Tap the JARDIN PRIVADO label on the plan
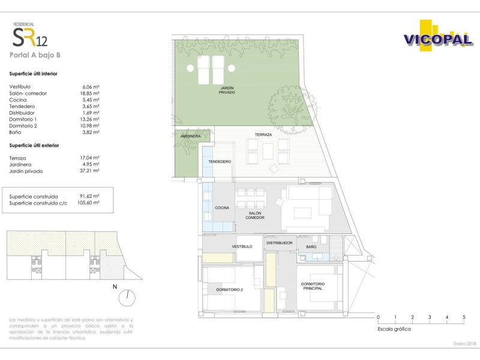(227, 90)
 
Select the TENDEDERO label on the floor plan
(220, 161)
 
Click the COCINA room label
(222, 208)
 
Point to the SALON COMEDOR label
(255, 215)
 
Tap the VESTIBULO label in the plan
(242, 247)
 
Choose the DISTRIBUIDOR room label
(280, 243)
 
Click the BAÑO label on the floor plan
(311, 247)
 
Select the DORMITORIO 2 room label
(230, 290)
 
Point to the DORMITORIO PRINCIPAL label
(313, 286)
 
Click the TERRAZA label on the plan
(263, 134)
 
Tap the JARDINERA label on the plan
(190, 136)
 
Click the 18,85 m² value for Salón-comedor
(89, 94)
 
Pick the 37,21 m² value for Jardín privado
(89, 171)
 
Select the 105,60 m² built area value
(88, 203)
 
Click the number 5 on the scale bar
(464, 317)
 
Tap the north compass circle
(127, 298)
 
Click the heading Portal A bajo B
(35, 55)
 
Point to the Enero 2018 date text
(465, 344)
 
